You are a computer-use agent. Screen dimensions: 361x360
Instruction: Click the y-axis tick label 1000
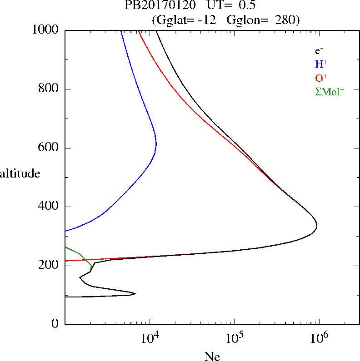pos(45,30)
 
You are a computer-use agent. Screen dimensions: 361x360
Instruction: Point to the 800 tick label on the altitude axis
pos(49,89)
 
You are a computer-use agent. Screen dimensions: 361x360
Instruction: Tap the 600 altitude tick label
pos(49,148)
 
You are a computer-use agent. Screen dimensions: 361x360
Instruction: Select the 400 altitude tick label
pos(49,207)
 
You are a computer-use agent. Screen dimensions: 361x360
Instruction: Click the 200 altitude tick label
pos(49,266)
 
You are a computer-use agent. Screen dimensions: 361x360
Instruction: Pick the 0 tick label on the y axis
pos(55,324)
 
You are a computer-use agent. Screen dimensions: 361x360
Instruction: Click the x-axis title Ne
pos(212,356)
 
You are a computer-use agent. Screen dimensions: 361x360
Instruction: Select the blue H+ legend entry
pos(321,64)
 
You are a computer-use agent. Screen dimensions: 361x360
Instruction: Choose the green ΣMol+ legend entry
pos(329,91)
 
